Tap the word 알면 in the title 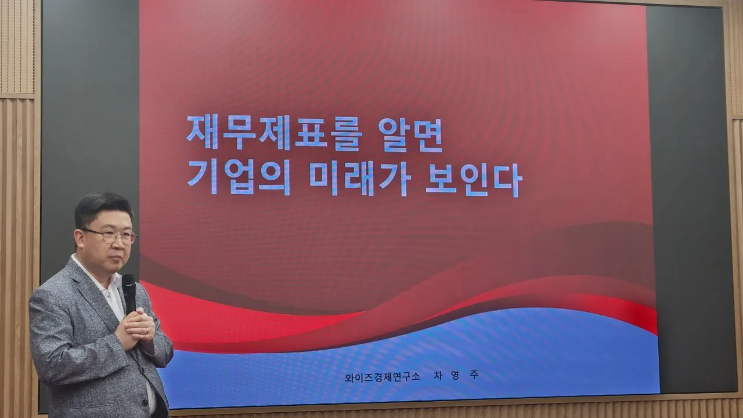410,134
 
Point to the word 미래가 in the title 360,179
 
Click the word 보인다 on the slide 474,180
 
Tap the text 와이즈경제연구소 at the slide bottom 382,377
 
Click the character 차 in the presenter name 438,376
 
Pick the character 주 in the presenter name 474,375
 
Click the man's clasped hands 136,327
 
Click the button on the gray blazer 145,403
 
